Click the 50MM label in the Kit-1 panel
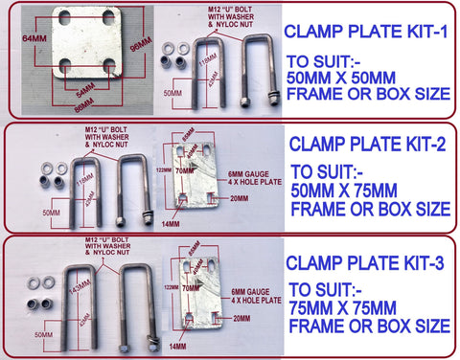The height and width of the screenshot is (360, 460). pyautogui.click(x=173, y=92)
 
